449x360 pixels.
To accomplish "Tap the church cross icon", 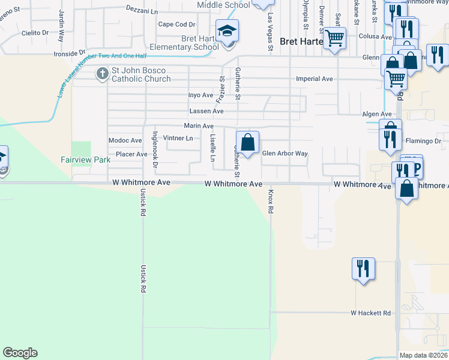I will (x=102, y=74).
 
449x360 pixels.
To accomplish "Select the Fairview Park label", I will (x=85, y=160).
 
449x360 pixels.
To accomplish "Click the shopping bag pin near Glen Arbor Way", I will (x=247, y=143).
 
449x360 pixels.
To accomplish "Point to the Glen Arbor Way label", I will (x=285, y=154).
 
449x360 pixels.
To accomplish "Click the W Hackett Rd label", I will (x=371, y=313).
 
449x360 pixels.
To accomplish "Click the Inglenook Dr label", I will (x=154, y=149).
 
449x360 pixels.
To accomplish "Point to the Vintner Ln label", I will (x=178, y=138).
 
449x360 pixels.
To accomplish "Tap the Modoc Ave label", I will (x=125, y=140).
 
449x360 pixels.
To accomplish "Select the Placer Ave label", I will (x=131, y=154).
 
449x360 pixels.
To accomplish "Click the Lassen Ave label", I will (x=206, y=112).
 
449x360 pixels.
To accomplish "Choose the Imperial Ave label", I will (x=315, y=79).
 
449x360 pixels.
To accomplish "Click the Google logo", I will (x=20, y=353).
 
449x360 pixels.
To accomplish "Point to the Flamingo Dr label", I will (x=423, y=141).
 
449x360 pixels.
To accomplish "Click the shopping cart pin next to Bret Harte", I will (x=334, y=38).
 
